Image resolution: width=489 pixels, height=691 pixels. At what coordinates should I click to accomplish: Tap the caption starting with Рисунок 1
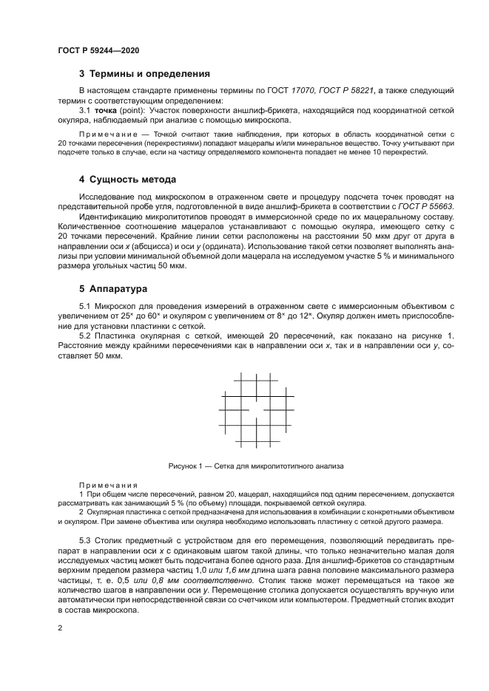[x=256, y=466]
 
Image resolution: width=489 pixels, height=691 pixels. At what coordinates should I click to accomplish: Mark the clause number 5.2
[x=87, y=336]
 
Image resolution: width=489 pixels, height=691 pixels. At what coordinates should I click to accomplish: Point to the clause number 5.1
[x=87, y=305]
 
